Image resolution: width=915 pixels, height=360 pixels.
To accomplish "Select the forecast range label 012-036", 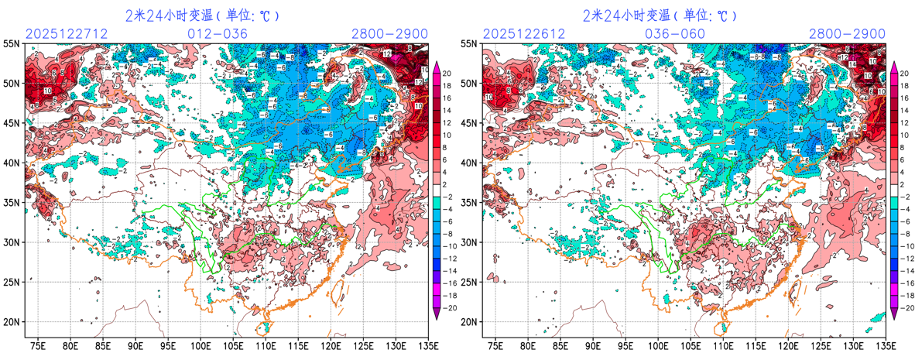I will (218, 34).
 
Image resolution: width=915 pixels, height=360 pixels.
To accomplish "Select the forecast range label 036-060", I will (675, 34).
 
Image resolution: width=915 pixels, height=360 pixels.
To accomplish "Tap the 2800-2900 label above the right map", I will (847, 34).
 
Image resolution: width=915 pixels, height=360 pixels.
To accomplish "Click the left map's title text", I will (202, 15).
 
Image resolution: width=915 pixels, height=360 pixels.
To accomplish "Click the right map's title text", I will (660, 15).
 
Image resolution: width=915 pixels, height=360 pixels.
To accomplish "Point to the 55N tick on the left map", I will (13, 43).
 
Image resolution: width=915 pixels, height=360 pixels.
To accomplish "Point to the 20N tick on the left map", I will (13, 322).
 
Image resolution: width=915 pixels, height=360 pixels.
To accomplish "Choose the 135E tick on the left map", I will (427, 345).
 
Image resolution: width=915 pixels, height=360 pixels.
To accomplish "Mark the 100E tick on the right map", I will (658, 345).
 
